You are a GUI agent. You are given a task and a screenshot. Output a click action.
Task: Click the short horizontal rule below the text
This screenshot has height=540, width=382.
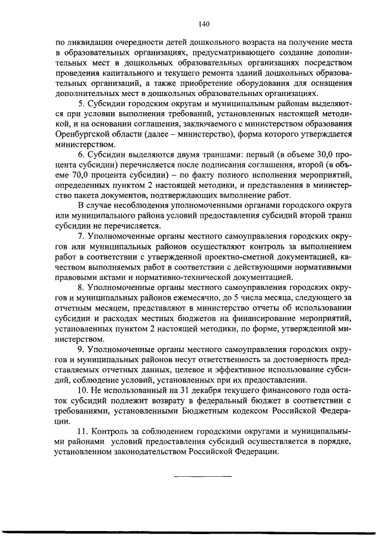[203, 476]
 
